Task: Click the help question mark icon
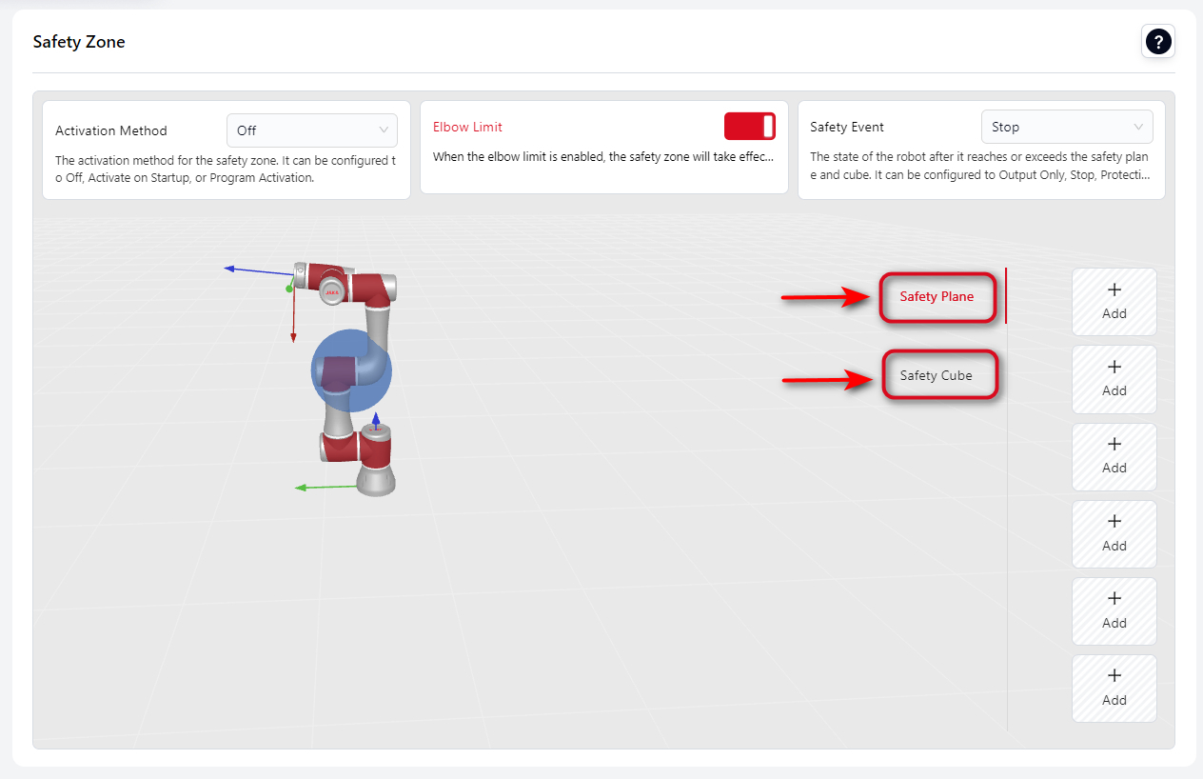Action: point(1158,41)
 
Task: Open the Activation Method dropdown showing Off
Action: point(311,130)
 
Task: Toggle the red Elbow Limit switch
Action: point(749,127)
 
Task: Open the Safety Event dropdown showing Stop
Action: point(1067,127)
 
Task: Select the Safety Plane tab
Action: point(937,296)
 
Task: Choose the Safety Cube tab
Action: point(937,375)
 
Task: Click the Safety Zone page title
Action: point(79,41)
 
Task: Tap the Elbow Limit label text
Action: point(467,127)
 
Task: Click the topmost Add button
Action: point(1114,302)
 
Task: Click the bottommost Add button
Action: point(1114,689)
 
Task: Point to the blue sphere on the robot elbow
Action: point(351,370)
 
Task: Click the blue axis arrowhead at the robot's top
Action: point(229,269)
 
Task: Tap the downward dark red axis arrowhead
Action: point(293,337)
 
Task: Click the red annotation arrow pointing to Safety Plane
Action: point(825,297)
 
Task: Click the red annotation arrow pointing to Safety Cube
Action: point(826,380)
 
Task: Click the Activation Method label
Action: point(111,130)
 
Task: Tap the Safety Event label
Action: point(847,127)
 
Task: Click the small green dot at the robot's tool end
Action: point(289,290)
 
